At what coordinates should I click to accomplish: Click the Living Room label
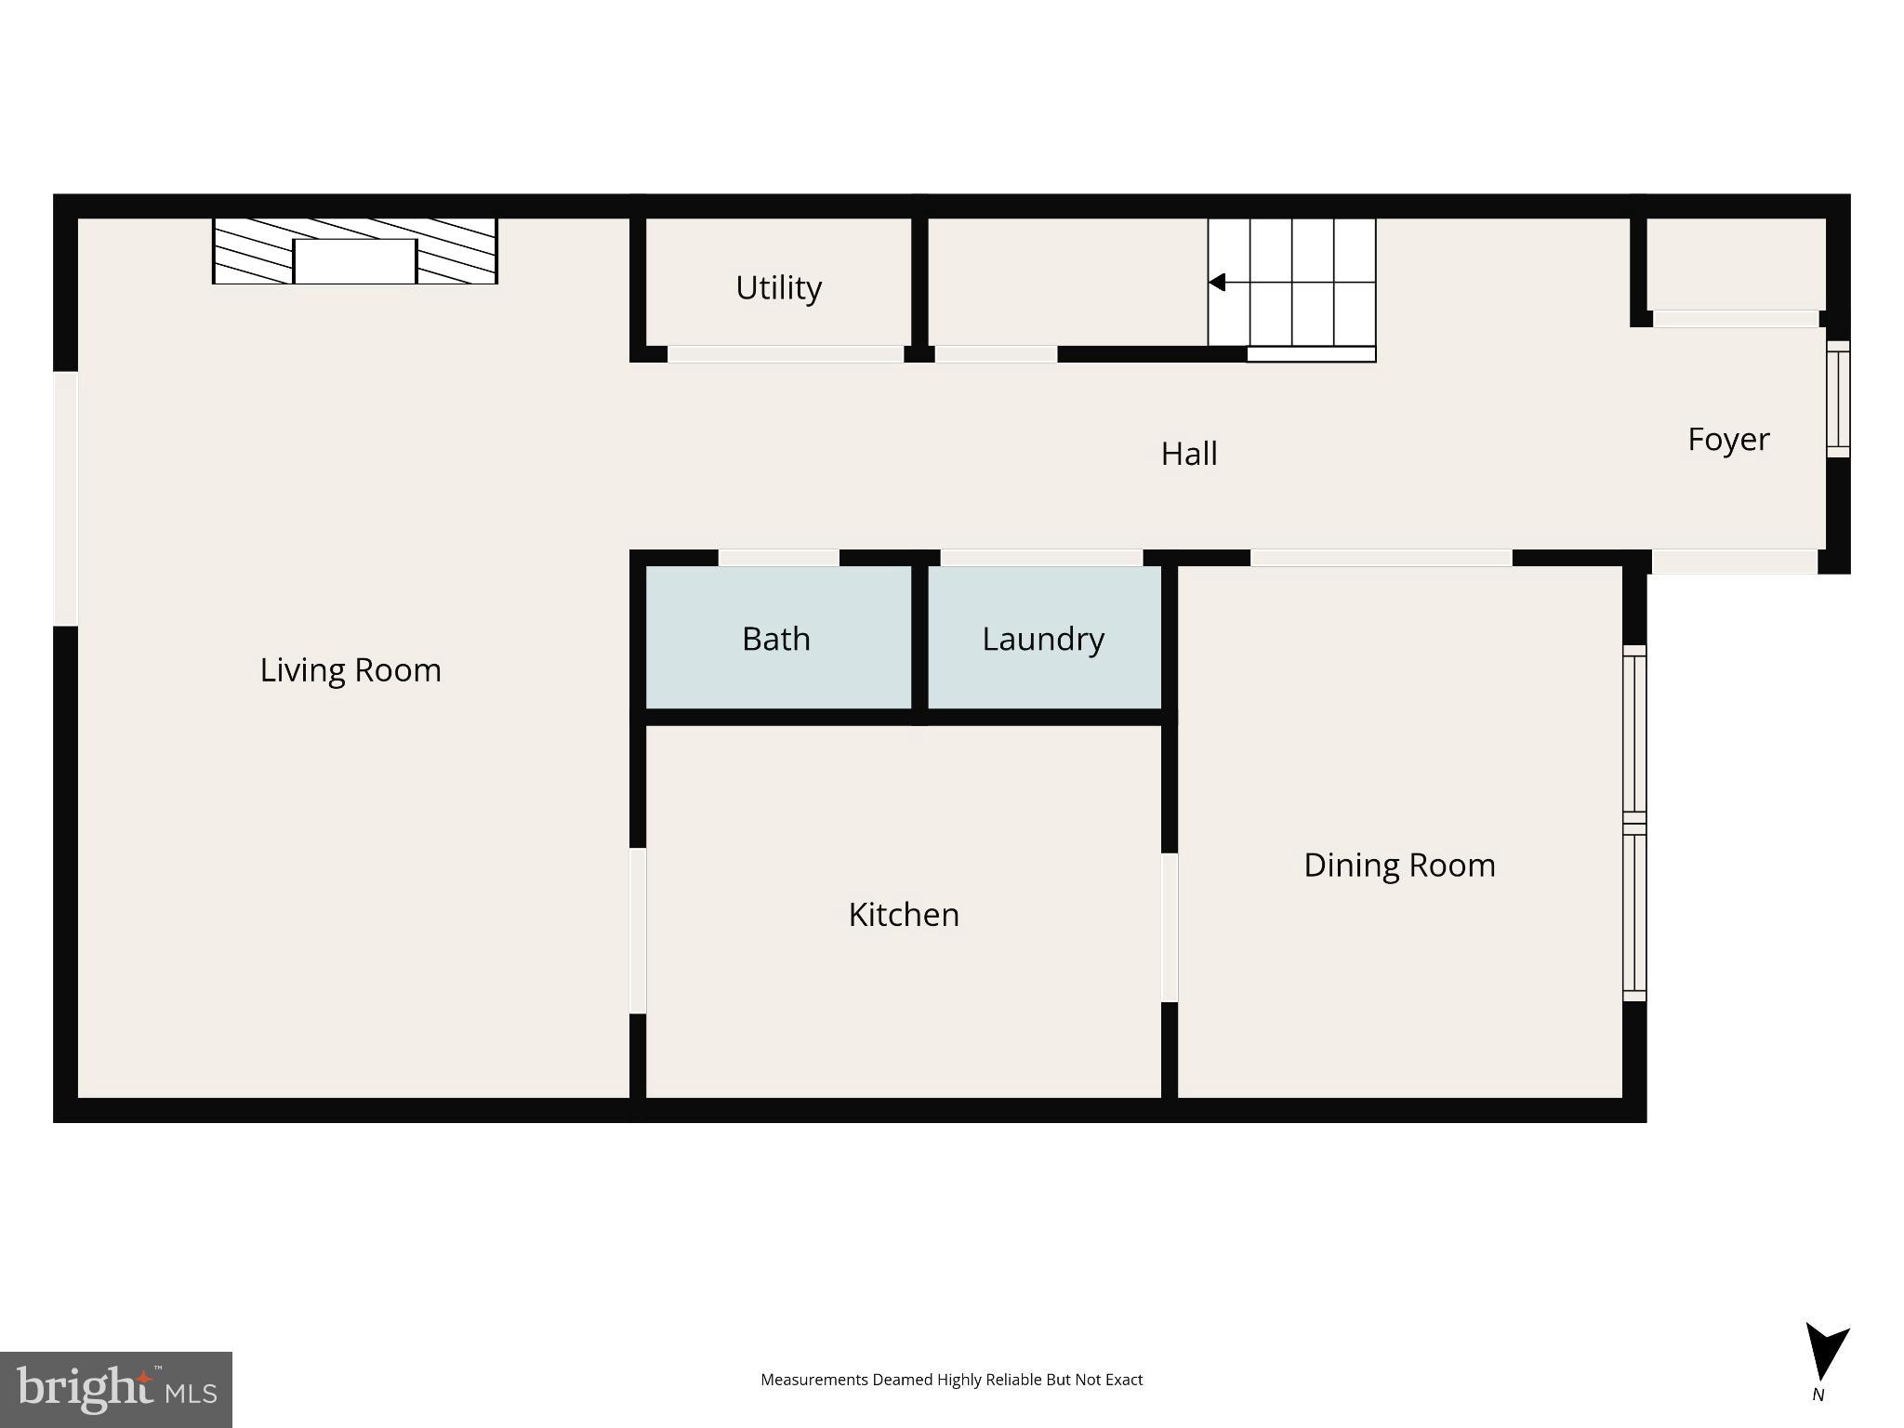click(350, 670)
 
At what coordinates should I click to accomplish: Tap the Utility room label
click(778, 288)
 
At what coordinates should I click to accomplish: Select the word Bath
click(776, 640)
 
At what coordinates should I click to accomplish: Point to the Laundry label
click(1043, 640)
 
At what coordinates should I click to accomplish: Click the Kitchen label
click(904, 915)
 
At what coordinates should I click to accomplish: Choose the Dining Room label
click(1399, 866)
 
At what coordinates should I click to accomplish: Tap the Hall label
click(1189, 454)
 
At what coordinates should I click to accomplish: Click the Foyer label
click(1728, 440)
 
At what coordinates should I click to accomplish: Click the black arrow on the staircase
click(1217, 283)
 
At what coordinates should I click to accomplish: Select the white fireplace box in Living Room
click(354, 261)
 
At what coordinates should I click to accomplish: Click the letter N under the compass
click(1818, 1395)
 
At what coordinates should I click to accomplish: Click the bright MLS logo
click(116, 1390)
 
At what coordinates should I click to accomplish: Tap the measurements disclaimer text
click(951, 1380)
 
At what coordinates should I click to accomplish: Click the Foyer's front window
click(1838, 399)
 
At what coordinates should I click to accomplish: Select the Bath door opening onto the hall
click(779, 558)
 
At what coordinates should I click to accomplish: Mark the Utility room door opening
click(786, 354)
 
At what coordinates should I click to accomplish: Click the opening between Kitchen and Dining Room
click(1170, 927)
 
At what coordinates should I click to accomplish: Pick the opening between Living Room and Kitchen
click(638, 931)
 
